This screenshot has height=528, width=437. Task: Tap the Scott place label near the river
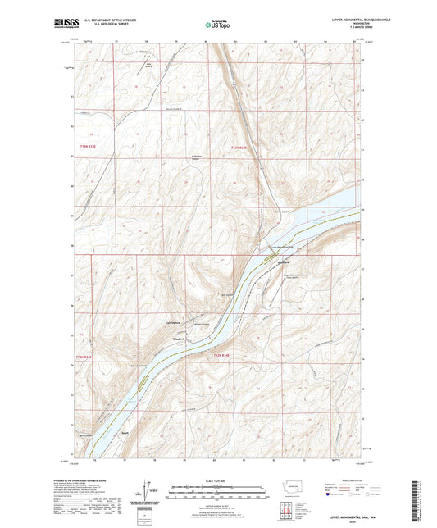[x=125, y=433]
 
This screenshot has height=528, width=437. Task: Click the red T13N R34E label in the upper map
[x=239, y=148]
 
